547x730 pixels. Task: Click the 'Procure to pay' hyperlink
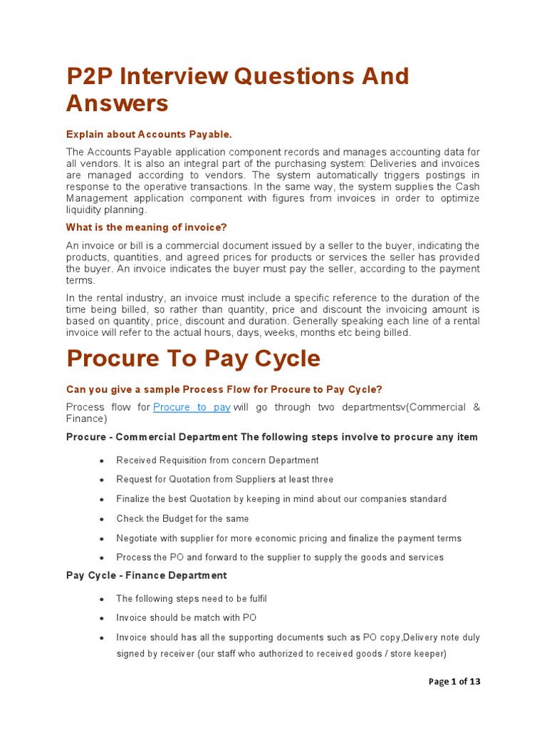[192, 407]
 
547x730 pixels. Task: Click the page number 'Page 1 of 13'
[454, 682]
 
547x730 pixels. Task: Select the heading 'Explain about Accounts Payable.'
[149, 134]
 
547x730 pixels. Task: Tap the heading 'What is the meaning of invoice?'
[146, 227]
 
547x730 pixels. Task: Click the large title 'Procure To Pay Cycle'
[193, 358]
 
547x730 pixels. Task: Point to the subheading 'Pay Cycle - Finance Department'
[146, 575]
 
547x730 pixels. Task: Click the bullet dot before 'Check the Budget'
[103, 520]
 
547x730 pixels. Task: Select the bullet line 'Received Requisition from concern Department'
[217, 461]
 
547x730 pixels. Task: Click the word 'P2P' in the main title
[91, 76]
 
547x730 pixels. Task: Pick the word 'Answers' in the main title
[118, 103]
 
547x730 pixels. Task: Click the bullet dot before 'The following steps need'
[103, 600]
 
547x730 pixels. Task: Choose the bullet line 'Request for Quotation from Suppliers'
[224, 480]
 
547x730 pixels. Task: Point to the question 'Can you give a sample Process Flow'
[224, 389]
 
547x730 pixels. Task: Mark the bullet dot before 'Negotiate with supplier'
[103, 539]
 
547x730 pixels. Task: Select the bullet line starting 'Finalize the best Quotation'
[281, 499]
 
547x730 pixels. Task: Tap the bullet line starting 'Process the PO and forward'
[279, 557]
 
